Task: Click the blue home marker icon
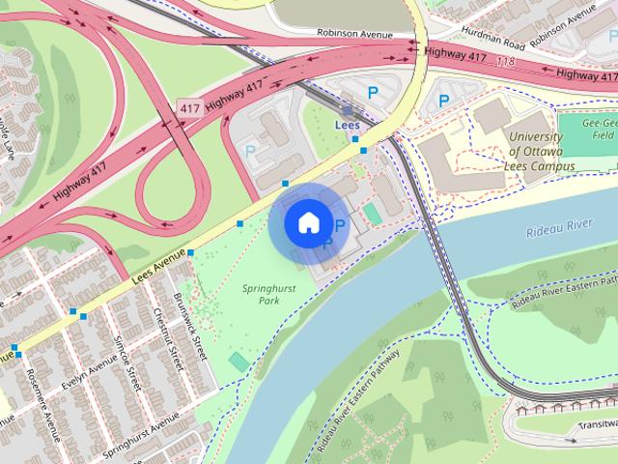[307, 223]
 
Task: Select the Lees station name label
[347, 126]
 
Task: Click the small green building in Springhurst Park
[238, 362]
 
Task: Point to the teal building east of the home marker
[371, 214]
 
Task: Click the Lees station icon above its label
[347, 111]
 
